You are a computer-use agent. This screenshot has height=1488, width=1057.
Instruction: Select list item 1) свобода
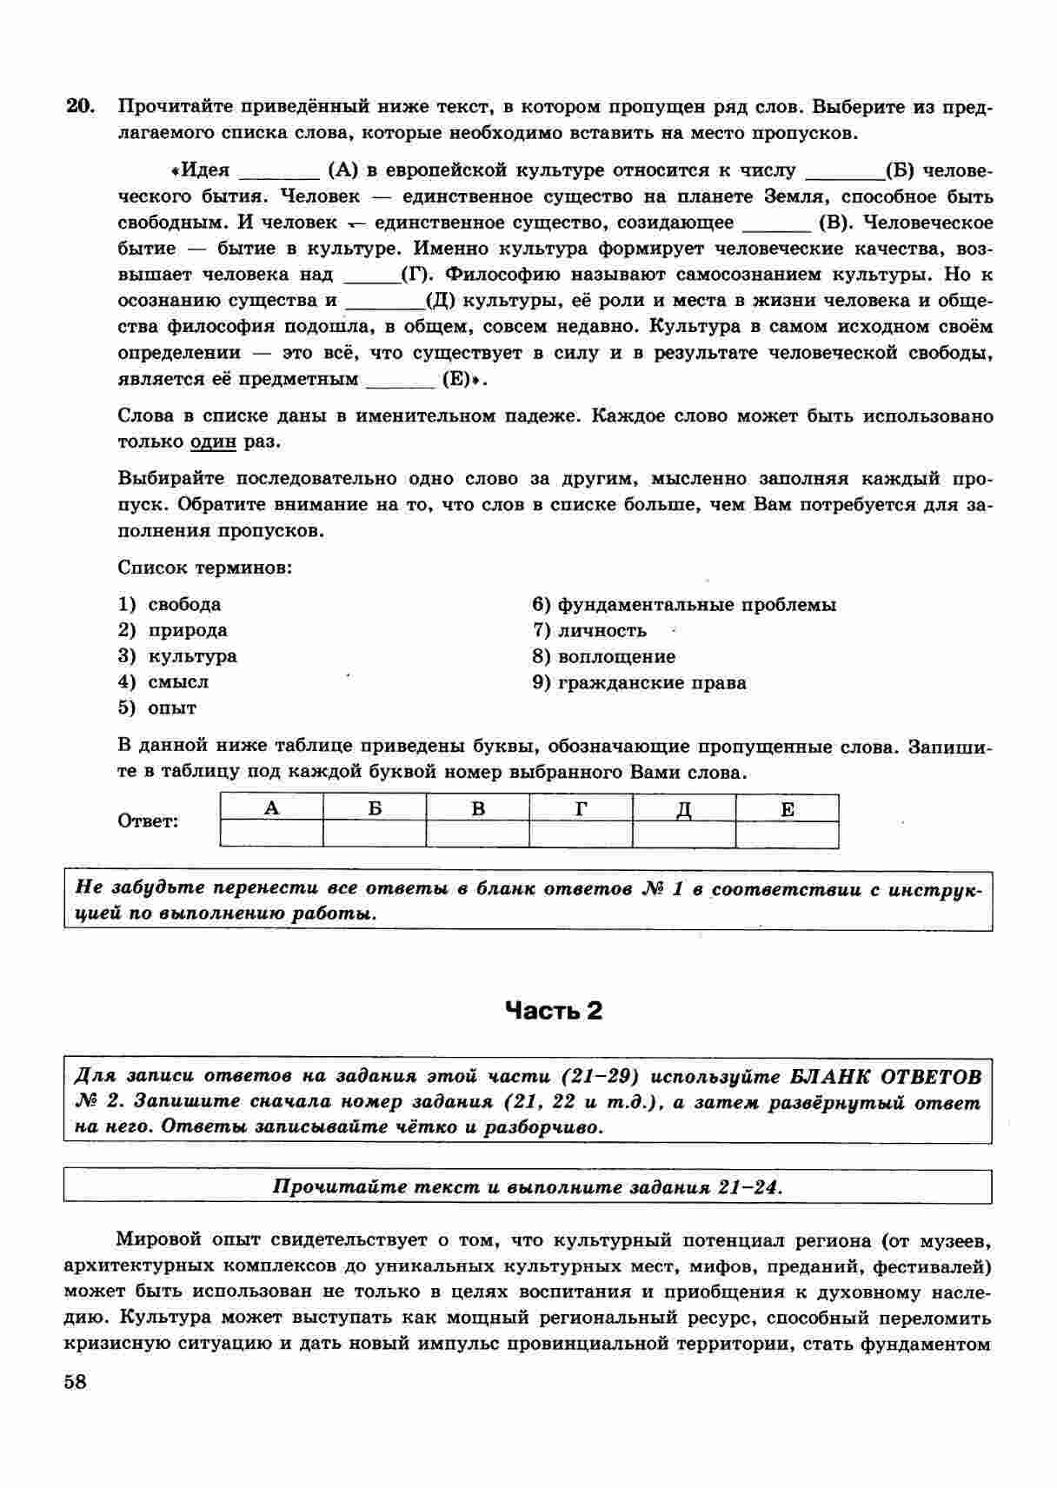click(170, 604)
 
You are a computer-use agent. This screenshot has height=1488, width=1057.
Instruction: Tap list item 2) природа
click(173, 630)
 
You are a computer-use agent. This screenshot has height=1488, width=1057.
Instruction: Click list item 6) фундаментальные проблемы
click(684, 604)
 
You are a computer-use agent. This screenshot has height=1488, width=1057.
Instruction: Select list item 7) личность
click(589, 630)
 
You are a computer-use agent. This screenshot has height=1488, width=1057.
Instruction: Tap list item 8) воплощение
click(603, 656)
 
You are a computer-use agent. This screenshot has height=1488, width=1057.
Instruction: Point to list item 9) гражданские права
click(639, 682)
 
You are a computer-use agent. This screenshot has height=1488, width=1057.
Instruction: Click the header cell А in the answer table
click(272, 808)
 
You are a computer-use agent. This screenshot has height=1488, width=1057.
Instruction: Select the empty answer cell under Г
click(581, 834)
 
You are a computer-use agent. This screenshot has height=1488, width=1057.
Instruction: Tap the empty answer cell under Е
click(787, 834)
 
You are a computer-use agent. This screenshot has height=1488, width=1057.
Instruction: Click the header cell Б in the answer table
click(375, 808)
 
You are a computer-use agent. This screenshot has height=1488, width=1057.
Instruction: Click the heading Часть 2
click(554, 1011)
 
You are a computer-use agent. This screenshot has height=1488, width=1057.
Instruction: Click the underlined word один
click(213, 442)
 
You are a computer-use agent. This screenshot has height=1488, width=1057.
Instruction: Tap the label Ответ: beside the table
click(148, 821)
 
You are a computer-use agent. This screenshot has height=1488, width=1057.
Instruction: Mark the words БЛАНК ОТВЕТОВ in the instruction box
click(886, 1077)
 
